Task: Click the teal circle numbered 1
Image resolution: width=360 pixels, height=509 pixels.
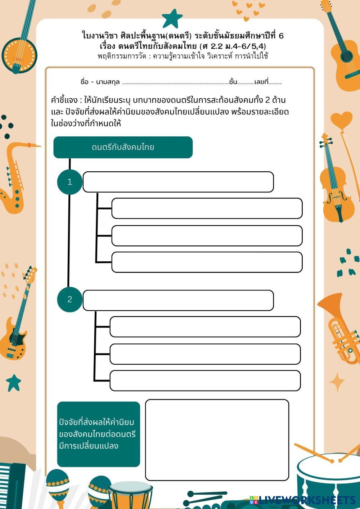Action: coord(70,182)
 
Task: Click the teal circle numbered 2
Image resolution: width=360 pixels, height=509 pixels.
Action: coord(70,299)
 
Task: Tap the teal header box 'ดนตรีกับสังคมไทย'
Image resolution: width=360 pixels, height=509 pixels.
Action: coord(123,147)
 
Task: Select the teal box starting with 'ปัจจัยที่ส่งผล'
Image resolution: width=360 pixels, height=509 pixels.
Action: coord(98,434)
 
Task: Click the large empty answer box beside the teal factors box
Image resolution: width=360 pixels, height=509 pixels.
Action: coord(217,440)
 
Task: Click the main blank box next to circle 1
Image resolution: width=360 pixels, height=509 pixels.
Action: coord(178,182)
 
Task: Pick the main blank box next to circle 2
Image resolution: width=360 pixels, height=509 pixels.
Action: coord(178,300)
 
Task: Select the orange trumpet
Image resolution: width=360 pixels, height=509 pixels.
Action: coord(338,328)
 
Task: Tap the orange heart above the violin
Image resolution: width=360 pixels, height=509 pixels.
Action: coord(341,120)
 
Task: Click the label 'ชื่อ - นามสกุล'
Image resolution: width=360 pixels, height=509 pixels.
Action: coord(100,82)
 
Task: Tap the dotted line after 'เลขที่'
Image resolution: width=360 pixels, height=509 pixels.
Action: coord(275,83)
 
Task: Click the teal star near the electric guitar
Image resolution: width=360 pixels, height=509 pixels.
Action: coord(14,382)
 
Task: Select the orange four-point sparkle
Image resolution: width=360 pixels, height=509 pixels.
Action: coord(337,382)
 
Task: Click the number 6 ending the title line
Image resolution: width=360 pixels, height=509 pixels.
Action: coord(281,36)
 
